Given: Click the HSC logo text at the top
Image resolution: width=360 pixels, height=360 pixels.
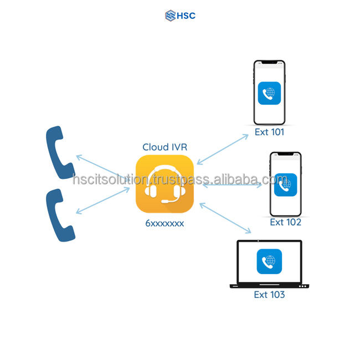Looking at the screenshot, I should (x=186, y=16).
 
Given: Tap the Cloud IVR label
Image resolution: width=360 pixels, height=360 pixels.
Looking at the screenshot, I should (x=164, y=147).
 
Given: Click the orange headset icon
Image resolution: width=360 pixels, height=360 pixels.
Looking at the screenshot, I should (x=164, y=184).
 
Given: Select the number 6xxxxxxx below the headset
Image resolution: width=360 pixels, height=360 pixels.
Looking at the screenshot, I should (x=164, y=223).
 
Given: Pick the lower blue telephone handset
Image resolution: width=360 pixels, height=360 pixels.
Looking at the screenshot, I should (x=59, y=214).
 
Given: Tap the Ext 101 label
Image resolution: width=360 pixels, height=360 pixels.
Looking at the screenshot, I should (x=269, y=132).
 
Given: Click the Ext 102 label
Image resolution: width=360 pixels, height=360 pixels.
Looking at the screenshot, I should (x=285, y=222).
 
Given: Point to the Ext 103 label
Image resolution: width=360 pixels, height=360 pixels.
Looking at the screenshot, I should (x=269, y=295).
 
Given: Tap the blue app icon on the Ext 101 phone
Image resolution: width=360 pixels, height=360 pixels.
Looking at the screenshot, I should (x=269, y=94).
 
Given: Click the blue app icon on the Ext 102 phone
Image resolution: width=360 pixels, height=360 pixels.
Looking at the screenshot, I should (x=285, y=186).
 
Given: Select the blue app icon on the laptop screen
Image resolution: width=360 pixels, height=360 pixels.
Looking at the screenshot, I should (x=269, y=261).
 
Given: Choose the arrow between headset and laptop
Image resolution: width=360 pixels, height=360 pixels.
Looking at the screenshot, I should (x=225, y=217).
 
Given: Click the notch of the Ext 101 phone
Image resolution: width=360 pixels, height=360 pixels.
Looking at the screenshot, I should (x=269, y=63).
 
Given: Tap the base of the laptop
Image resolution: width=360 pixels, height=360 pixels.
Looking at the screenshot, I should (x=269, y=286).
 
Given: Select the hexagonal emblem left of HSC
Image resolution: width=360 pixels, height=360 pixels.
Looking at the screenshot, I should (x=170, y=16).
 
